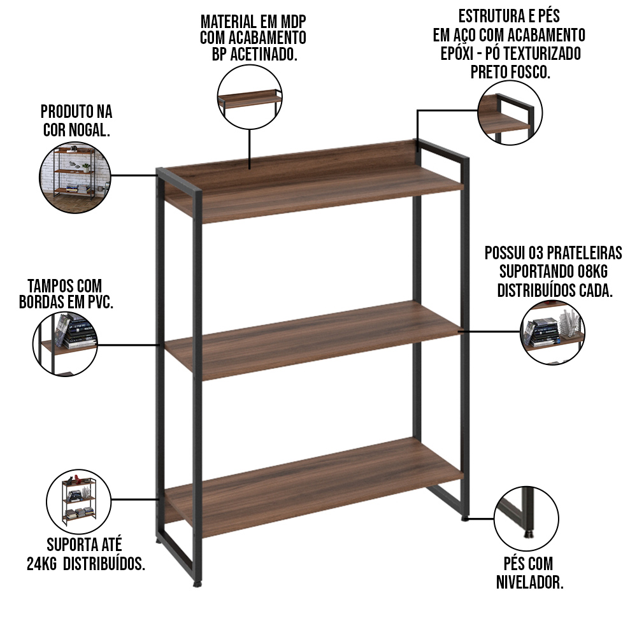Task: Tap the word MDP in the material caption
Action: [x=291, y=21]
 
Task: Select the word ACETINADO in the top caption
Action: [x=264, y=54]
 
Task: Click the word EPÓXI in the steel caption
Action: [x=457, y=54]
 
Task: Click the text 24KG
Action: [x=41, y=564]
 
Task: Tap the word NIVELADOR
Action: [x=530, y=582]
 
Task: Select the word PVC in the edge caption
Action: [x=99, y=302]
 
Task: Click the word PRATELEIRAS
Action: [x=585, y=253]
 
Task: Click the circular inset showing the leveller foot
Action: [x=527, y=519]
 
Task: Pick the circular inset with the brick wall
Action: [x=75, y=177]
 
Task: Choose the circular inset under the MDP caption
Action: [x=250, y=97]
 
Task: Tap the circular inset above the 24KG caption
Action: [x=78, y=502]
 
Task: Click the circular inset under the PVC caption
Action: [x=65, y=344]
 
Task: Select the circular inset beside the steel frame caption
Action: [x=510, y=113]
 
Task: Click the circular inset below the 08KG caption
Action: [x=552, y=331]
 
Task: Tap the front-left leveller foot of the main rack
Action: [x=197, y=585]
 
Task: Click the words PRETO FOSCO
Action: [x=510, y=72]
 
